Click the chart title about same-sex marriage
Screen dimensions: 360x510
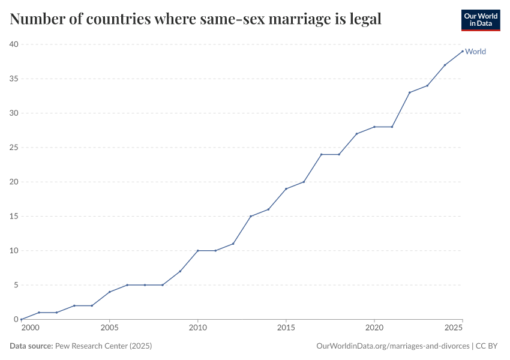click(196, 19)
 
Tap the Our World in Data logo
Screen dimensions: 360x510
click(480, 20)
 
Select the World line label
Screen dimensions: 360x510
click(475, 52)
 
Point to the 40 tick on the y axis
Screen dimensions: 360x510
click(14, 44)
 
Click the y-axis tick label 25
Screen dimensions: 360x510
click(14, 148)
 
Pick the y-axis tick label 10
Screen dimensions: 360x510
click(14, 251)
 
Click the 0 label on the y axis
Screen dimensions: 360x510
click(16, 319)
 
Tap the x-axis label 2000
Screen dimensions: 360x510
click(29, 328)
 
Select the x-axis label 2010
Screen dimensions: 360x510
click(197, 328)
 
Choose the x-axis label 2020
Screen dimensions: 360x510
click(374, 328)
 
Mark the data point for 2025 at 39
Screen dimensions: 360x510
click(463, 51)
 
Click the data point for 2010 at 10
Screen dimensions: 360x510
click(197, 251)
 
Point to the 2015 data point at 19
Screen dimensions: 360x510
click(286, 189)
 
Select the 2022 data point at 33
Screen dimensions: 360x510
click(410, 92)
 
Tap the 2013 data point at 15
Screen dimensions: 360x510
click(251, 216)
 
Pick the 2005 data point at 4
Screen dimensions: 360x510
click(109, 292)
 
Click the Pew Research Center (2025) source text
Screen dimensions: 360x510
click(103, 346)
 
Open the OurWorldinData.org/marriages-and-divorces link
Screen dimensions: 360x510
click(392, 346)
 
